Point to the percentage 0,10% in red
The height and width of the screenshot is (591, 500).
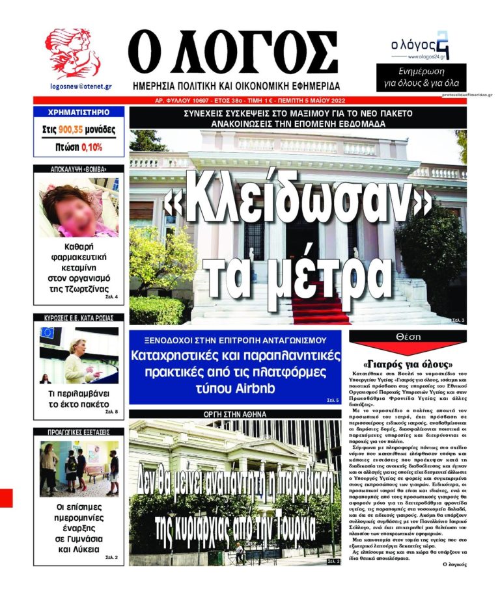92,147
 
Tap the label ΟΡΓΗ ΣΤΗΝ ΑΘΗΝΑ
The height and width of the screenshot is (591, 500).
234,414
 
